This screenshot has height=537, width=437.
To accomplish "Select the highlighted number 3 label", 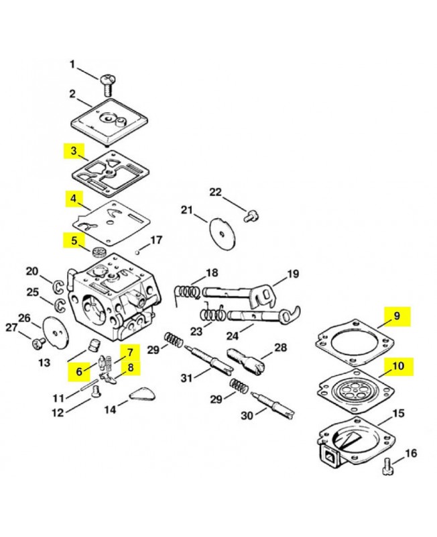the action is pos(74,150).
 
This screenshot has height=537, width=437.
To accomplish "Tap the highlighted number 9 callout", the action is pos(397,316).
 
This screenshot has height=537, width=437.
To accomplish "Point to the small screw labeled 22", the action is pos(251,216).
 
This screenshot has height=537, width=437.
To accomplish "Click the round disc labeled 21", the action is pos(223,234).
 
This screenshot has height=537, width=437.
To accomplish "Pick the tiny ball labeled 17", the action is pos(137,253).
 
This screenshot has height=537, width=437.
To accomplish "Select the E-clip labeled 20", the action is pos(59,287).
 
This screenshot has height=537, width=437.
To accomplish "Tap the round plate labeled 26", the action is pos(56,332).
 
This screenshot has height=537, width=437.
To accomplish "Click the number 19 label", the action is pos(293,274).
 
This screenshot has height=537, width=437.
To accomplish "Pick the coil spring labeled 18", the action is pos(186,293).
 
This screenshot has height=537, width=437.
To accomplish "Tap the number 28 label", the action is pos(281,348).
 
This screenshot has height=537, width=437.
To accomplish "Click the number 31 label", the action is pos(187,378).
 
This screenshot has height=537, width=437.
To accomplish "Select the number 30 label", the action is pos(247,416).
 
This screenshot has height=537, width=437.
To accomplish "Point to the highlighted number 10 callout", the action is pos(398,367).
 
